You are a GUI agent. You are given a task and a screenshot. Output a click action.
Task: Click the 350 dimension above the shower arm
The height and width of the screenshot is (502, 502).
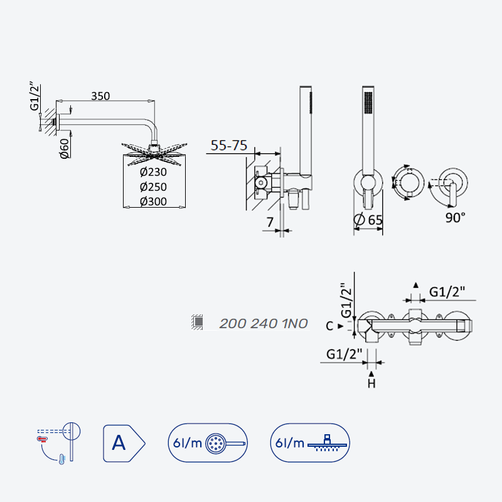click(x=100, y=96)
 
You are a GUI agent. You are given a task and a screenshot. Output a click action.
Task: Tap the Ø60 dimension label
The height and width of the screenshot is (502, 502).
click(x=65, y=148)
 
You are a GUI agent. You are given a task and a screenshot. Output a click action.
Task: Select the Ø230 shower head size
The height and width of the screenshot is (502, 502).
click(x=153, y=172)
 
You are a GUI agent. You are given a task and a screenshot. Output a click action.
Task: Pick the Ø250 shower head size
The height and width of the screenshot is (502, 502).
click(x=153, y=186)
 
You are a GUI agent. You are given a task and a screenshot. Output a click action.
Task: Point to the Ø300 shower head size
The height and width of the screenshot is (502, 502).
click(x=153, y=201)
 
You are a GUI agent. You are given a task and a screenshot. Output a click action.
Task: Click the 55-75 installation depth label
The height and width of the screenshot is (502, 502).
click(x=229, y=146)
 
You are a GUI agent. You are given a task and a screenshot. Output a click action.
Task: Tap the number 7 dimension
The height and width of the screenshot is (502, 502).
click(x=270, y=222)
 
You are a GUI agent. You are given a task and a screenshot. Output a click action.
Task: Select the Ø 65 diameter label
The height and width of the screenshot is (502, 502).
click(x=368, y=220)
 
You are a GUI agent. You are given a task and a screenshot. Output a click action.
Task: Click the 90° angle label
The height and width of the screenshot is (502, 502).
click(x=455, y=218)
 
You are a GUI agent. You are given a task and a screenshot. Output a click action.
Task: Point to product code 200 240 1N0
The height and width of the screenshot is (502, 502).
click(x=264, y=324)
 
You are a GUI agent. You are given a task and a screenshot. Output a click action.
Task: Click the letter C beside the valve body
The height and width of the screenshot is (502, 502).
click(x=329, y=326)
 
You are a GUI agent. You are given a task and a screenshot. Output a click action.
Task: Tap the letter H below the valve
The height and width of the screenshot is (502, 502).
click(x=371, y=383)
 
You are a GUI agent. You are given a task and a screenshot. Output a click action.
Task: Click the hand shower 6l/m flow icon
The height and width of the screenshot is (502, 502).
click(x=208, y=443)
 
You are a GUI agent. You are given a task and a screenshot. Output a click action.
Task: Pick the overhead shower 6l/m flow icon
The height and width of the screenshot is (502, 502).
click(x=310, y=443)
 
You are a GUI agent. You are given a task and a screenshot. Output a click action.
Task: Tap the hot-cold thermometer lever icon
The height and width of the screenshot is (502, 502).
click(x=59, y=444)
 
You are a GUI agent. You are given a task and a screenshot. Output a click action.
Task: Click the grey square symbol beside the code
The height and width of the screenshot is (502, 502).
click(x=198, y=321)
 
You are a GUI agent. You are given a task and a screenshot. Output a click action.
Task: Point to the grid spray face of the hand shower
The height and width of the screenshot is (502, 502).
click(x=368, y=102)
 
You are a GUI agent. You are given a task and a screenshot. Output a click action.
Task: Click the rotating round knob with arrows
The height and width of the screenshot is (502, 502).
click(x=408, y=183)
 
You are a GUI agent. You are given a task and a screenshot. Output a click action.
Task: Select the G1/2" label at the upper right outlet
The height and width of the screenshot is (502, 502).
click(x=447, y=292)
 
